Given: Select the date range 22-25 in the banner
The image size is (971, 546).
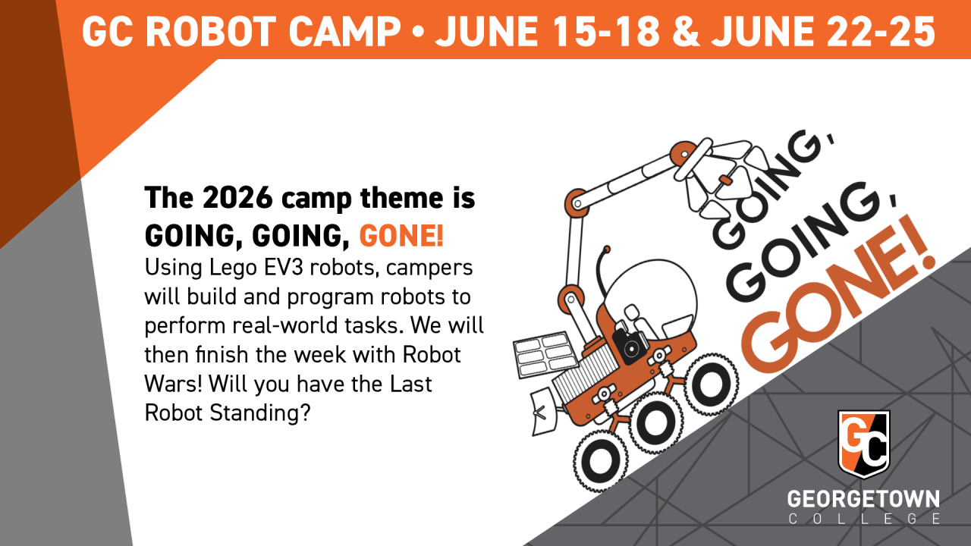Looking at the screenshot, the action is click(881, 32).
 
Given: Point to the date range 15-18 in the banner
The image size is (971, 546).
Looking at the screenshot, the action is click(607, 32).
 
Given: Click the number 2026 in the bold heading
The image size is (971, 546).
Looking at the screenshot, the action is click(237, 198).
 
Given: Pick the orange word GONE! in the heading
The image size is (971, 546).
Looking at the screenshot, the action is click(401, 236).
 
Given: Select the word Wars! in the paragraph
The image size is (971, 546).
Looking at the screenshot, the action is click(174, 384).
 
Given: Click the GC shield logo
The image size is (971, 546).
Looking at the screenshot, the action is click(864, 444).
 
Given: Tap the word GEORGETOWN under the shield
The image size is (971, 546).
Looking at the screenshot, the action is click(863, 499).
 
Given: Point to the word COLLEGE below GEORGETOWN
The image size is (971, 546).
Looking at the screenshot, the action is click(864, 519).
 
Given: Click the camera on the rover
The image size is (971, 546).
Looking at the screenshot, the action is click(630, 346).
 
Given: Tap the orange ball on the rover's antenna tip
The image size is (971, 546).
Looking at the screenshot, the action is click(607, 249).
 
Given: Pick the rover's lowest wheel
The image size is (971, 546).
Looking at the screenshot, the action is click(600, 462).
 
